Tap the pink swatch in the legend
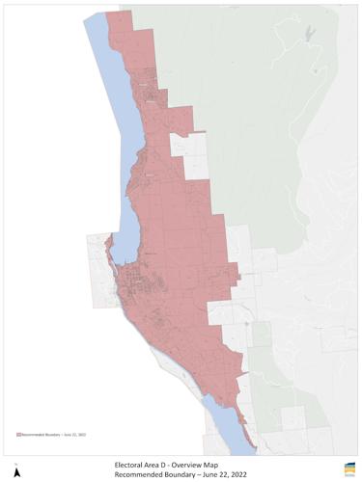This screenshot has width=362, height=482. (18, 435)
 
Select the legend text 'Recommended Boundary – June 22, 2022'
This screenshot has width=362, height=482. (55, 435)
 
